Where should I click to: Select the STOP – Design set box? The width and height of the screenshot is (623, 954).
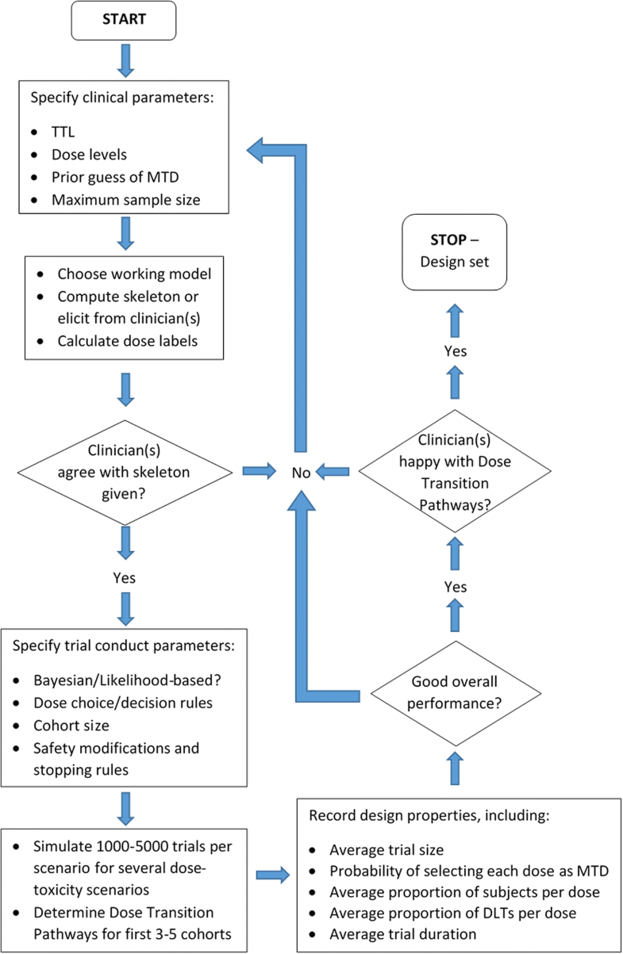(454, 251)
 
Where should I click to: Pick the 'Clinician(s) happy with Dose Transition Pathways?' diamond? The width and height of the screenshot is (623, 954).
(454, 473)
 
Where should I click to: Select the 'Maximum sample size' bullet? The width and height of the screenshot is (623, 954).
(114, 200)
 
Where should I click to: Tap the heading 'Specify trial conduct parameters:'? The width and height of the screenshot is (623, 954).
(124, 646)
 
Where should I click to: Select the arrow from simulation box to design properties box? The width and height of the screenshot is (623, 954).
(273, 875)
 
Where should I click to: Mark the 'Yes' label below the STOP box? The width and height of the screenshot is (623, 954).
(454, 351)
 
